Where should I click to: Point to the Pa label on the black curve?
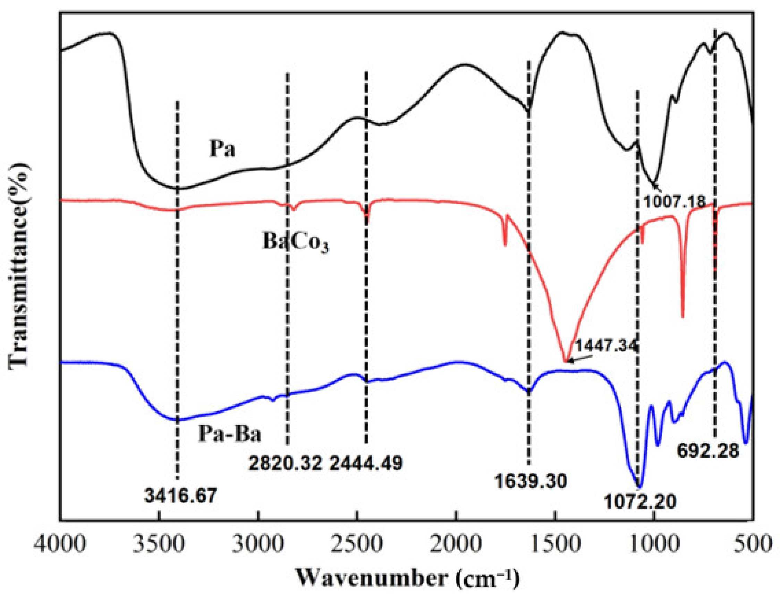[222, 149]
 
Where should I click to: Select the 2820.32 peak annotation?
[285, 463]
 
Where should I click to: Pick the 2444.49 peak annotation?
[366, 463]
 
